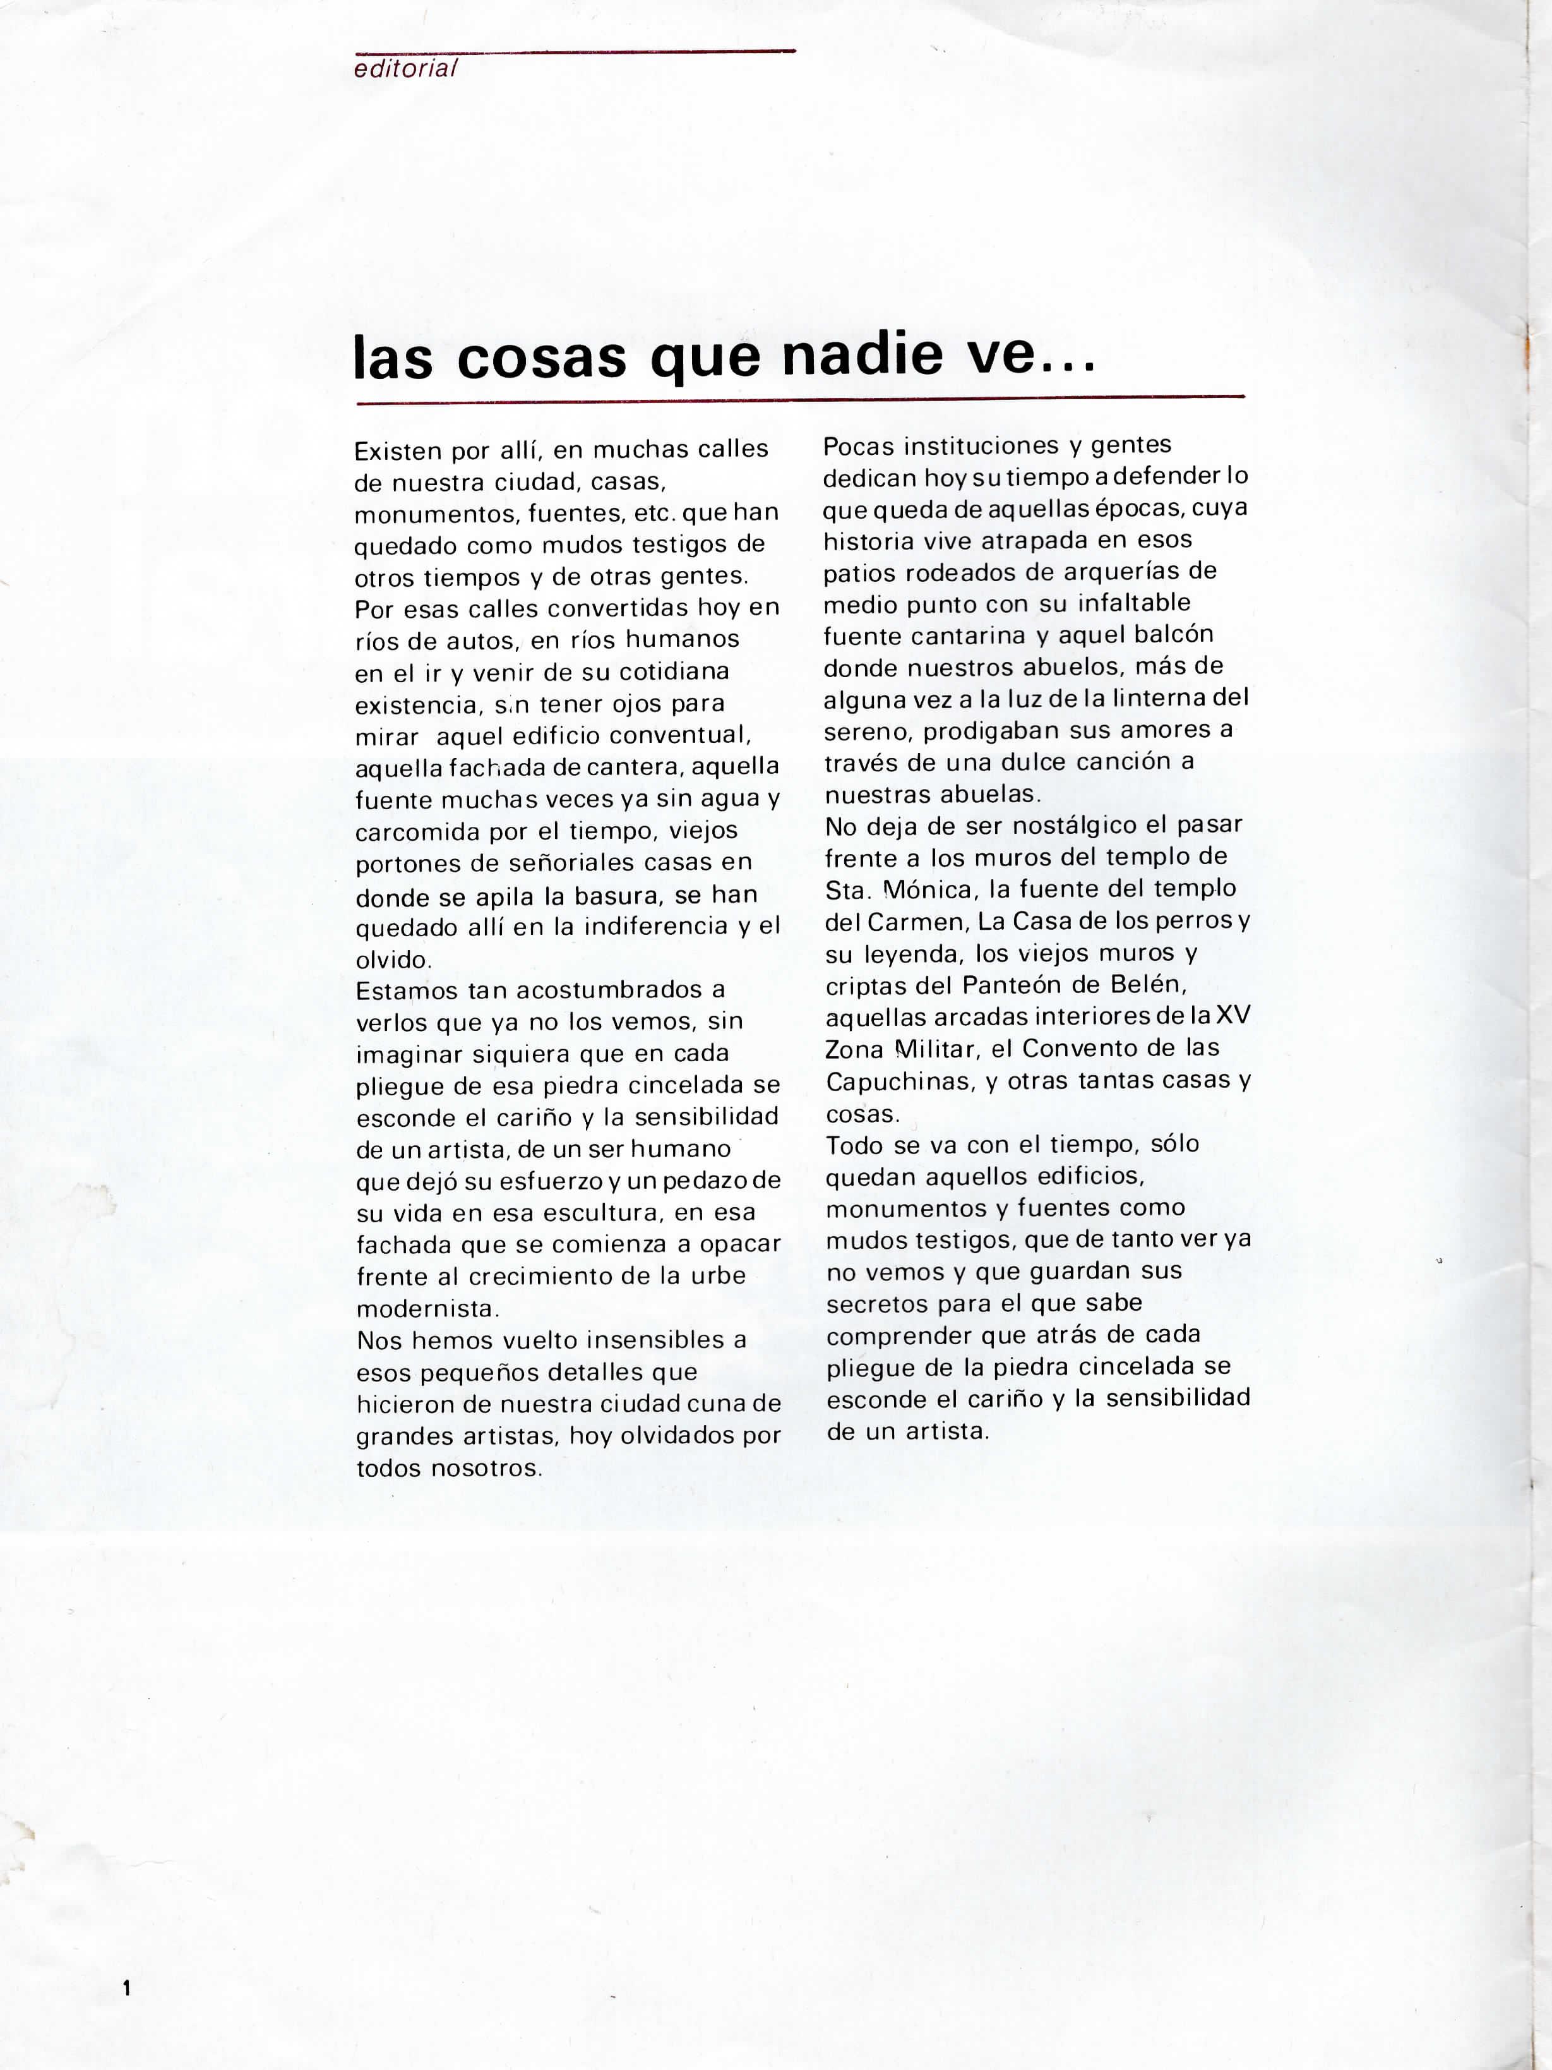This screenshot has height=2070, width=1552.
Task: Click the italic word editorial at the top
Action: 405,68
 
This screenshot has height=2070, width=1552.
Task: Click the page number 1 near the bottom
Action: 126,1988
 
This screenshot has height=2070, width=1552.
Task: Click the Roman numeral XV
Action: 1233,1016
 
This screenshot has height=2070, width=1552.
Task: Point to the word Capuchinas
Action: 898,1082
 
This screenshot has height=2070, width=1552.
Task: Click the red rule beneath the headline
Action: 800,400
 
